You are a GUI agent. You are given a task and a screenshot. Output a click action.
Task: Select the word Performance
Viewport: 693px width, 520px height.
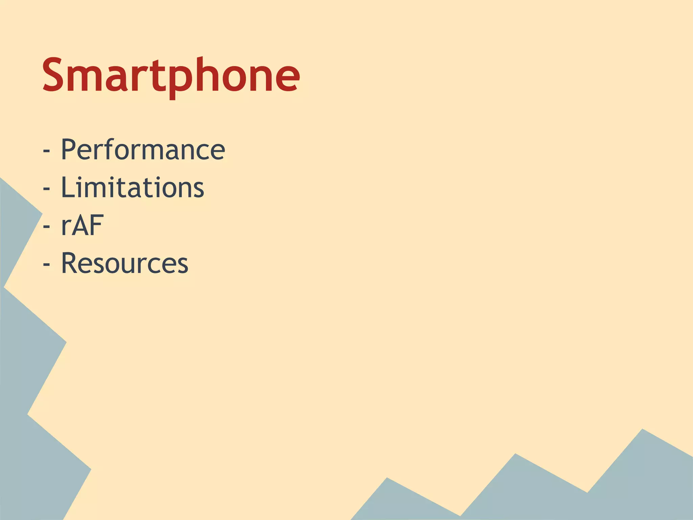pyautogui.click(x=143, y=150)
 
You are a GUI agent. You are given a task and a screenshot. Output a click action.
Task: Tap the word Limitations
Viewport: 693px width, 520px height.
pyautogui.click(x=132, y=188)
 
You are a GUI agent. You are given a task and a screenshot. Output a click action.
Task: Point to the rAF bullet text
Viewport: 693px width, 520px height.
pyautogui.click(x=82, y=225)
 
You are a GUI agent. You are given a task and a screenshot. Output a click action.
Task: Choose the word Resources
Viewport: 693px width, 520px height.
pyautogui.click(x=125, y=263)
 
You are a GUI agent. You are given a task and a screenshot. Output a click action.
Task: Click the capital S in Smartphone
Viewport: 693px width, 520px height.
pyautogui.click(x=54, y=75)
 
